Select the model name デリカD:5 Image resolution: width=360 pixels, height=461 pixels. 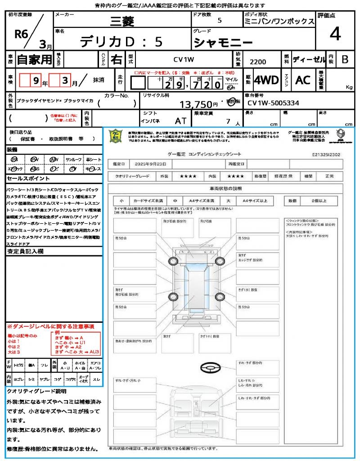(x=121, y=42)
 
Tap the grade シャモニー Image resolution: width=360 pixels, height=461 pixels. (x=222, y=42)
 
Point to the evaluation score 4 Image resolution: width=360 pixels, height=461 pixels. (x=335, y=34)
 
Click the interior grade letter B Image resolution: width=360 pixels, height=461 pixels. (x=345, y=59)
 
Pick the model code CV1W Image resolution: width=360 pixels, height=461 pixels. (x=184, y=59)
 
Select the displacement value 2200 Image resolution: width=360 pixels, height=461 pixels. (x=258, y=62)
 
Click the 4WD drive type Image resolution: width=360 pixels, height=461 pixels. (x=266, y=80)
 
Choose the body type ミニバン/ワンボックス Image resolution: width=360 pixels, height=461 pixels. (x=279, y=22)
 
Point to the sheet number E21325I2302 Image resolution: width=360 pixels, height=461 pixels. (x=326, y=154)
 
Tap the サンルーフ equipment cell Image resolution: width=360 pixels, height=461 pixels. (x=74, y=159)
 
